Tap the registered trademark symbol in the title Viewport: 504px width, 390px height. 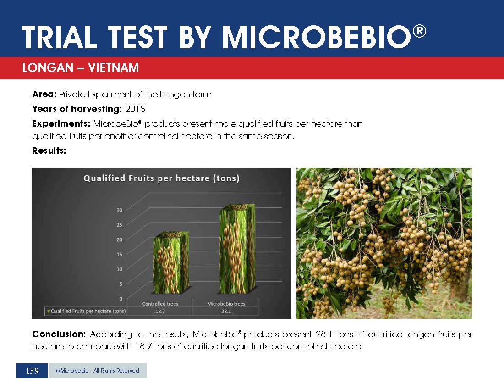419,31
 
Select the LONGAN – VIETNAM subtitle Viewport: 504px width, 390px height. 80,67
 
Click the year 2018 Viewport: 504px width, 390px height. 135,109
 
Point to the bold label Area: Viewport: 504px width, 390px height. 44,94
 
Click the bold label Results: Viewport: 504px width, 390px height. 49,150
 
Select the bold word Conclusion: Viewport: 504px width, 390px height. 59,334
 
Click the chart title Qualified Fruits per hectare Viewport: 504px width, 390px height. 161,178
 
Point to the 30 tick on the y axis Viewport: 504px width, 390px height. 119,210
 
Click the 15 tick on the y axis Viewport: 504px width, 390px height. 119,254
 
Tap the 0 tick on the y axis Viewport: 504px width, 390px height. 121,299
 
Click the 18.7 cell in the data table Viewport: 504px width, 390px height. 160,311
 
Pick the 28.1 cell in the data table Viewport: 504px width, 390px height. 226,311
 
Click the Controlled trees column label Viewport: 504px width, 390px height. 160,303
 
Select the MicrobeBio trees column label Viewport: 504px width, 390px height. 226,303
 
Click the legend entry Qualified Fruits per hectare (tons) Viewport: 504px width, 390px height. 87,311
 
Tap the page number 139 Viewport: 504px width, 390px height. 32,371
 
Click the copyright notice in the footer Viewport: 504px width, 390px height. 98,371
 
